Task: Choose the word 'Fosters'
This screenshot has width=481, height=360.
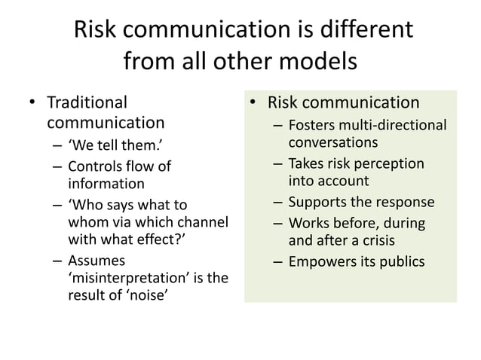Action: (314, 125)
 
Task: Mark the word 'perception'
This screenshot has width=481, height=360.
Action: (388, 163)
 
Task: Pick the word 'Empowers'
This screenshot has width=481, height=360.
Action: (322, 261)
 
